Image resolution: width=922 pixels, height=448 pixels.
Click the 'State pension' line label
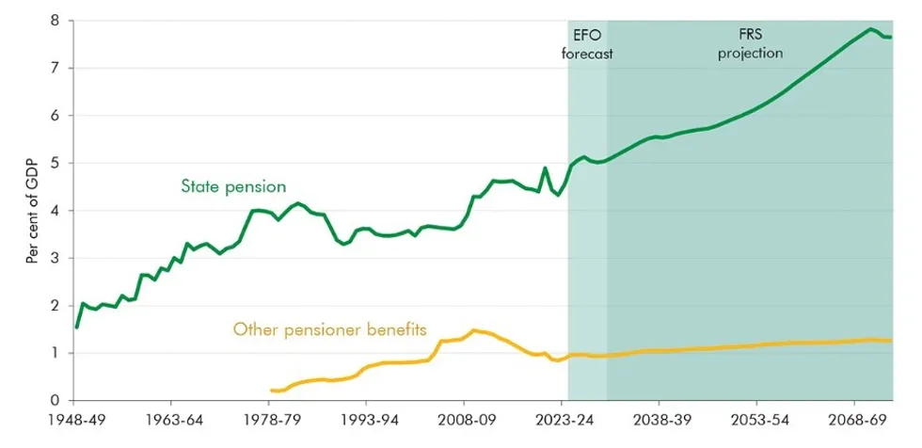pos(233,186)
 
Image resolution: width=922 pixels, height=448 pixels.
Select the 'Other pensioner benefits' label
pos(330,330)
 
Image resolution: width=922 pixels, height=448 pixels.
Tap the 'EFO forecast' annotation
pos(587,44)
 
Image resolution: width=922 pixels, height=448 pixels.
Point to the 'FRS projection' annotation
pos(750,44)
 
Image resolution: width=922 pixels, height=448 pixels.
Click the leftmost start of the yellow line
pos(271,390)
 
